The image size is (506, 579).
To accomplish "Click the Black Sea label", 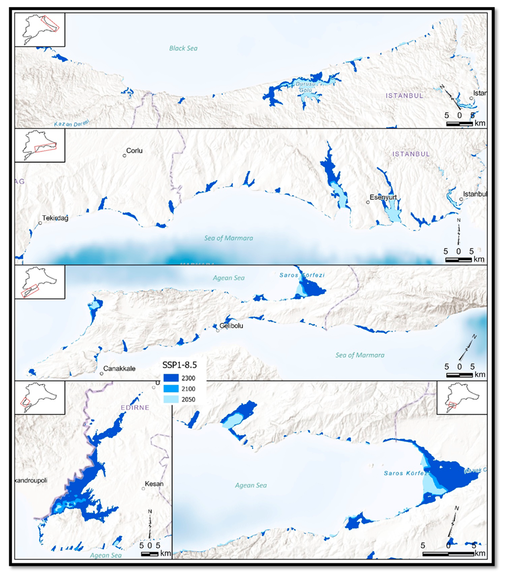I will tap(183, 48).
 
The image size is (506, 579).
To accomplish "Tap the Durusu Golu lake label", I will tap(306, 87).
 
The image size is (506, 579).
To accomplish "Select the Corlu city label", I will tap(134, 151).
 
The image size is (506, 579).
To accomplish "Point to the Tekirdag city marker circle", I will tap(40, 223).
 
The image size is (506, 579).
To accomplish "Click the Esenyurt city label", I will tap(383, 197).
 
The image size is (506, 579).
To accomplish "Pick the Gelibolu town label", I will tap(231, 325).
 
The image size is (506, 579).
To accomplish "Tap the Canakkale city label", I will tap(119, 368).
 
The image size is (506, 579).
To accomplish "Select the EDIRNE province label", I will tap(135, 407).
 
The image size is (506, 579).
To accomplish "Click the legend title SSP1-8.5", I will tap(180, 365).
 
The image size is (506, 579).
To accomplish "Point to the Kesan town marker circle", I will tap(143, 488).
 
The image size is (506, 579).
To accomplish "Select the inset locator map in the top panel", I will tap(40, 30).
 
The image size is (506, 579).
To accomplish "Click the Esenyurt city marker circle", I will tap(368, 202).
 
